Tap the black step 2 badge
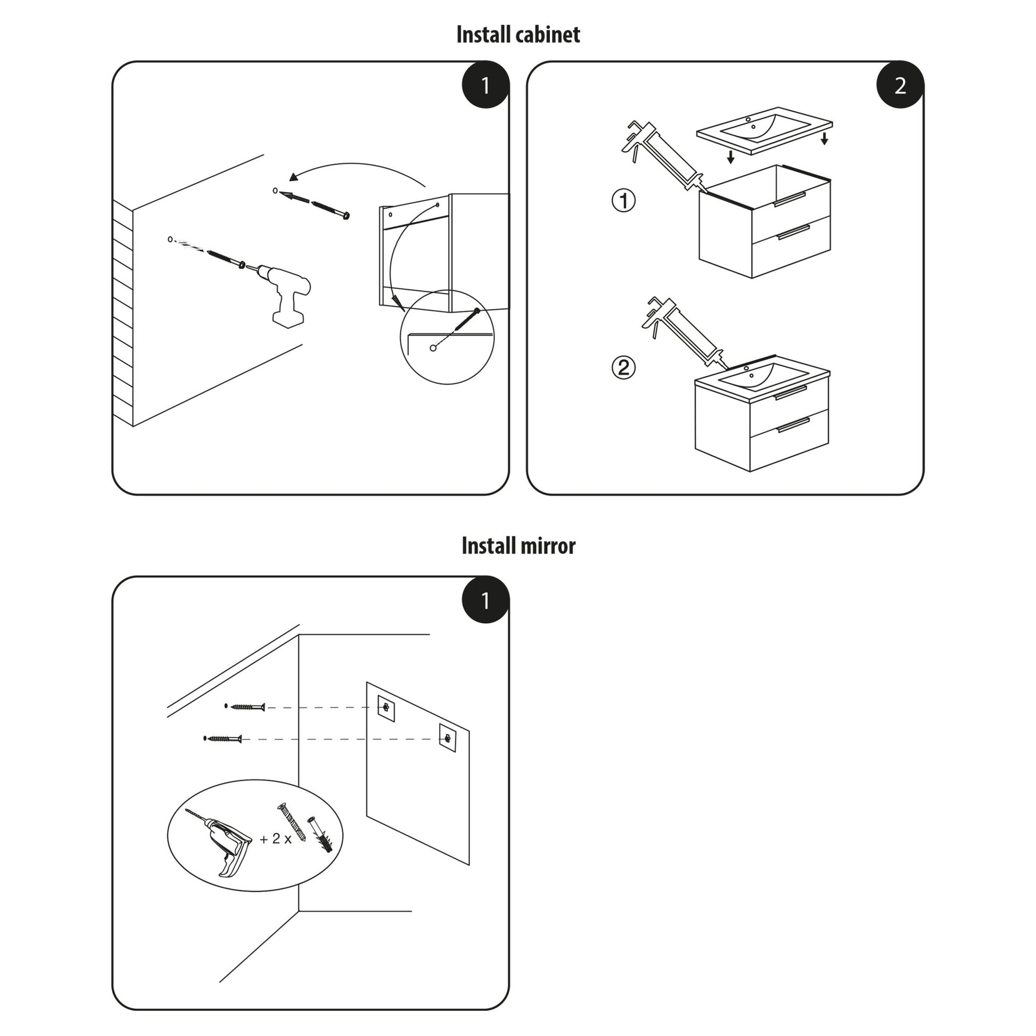coord(900,85)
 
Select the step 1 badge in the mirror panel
coord(486,600)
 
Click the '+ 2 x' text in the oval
coord(276,838)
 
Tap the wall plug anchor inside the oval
coord(319,835)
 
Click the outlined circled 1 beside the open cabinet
coord(623,201)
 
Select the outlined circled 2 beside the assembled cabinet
coord(623,368)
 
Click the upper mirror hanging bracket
coord(386,709)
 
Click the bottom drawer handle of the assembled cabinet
coord(793,424)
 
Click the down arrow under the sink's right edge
coord(824,139)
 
